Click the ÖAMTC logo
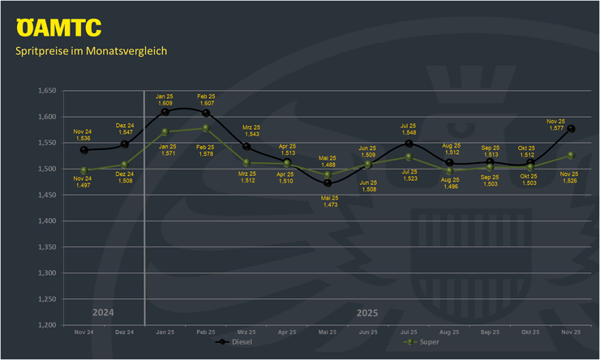click(x=58, y=28)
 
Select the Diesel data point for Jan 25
click(x=165, y=112)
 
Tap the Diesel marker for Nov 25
click(x=572, y=128)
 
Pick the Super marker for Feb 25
click(x=206, y=127)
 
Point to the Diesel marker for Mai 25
click(x=328, y=182)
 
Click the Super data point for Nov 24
click(x=82, y=170)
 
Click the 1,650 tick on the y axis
click(x=49, y=91)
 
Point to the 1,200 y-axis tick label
click(x=49, y=325)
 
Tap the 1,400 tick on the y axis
click(x=49, y=221)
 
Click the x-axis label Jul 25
click(x=409, y=332)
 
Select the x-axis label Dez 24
click(x=124, y=332)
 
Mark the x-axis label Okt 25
click(x=530, y=332)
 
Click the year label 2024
click(x=103, y=312)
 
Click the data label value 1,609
click(x=165, y=104)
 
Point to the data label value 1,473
click(x=328, y=204)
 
